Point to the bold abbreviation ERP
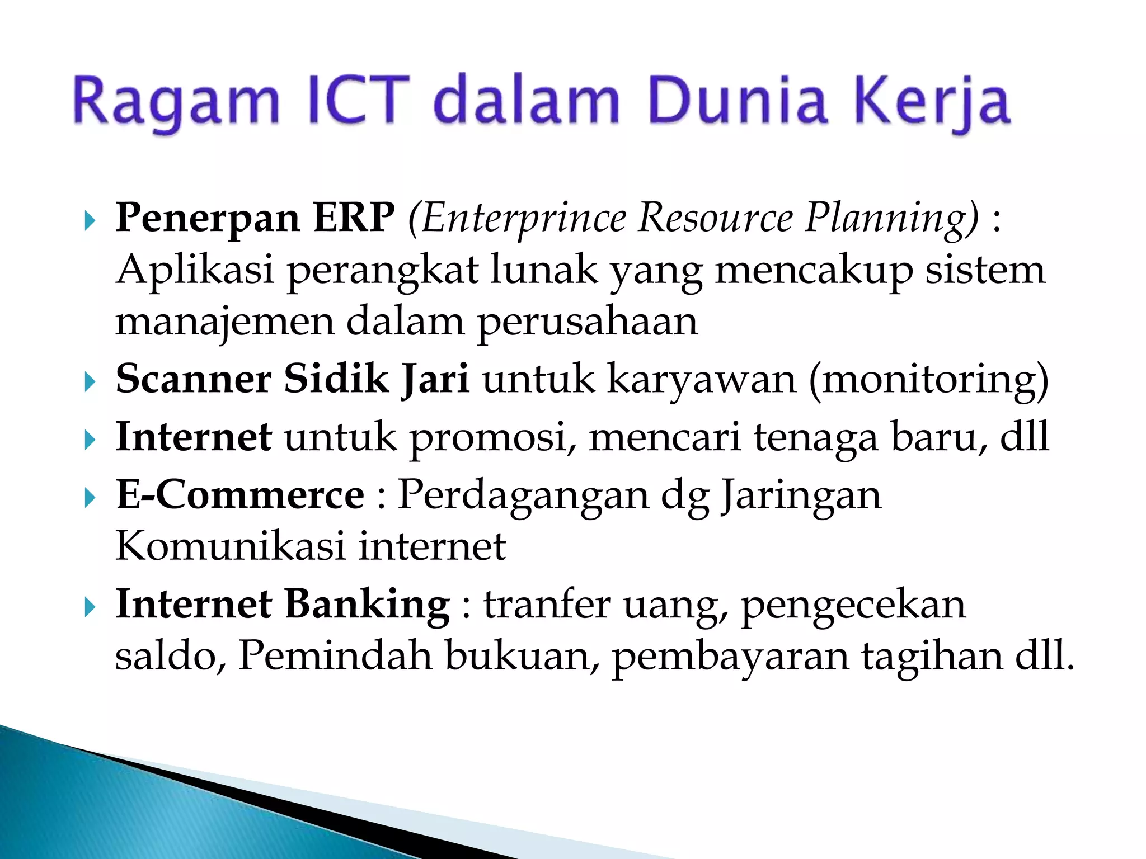(x=354, y=217)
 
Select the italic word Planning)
(x=892, y=218)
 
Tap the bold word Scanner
(x=194, y=379)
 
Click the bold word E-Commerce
(x=240, y=495)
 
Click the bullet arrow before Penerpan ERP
(x=90, y=221)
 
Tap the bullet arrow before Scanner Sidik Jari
(x=90, y=383)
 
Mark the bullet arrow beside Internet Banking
(x=90, y=607)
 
